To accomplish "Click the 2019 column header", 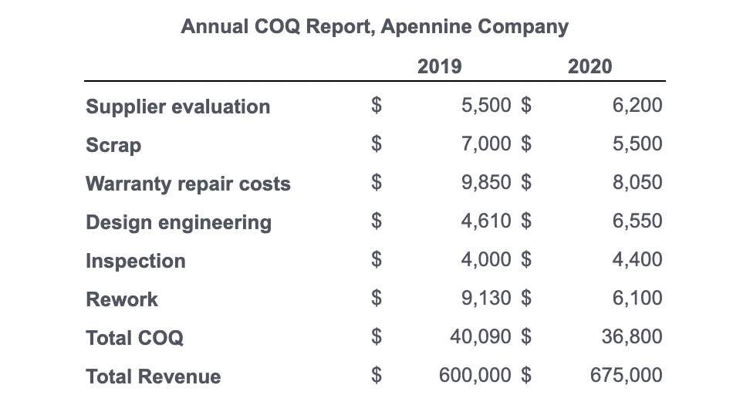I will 439,66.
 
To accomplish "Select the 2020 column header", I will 590,66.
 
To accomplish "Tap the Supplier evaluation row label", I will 177,106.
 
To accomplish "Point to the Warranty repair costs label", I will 187,184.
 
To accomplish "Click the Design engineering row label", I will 178,222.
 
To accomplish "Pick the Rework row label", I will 122,299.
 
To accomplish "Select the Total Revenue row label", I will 153,376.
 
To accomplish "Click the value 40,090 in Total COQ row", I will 480,336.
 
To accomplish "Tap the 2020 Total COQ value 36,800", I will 631,336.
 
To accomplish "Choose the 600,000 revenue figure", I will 475,376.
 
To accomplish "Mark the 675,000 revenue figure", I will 626,376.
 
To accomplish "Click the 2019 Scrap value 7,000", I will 485,144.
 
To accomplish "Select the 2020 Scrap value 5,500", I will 637,144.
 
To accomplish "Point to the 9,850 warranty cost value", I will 485,183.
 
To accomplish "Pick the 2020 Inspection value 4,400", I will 637,259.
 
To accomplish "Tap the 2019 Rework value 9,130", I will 485,298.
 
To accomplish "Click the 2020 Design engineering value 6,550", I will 637,221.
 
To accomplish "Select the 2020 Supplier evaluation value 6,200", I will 637,106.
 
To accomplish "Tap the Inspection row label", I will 135,261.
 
